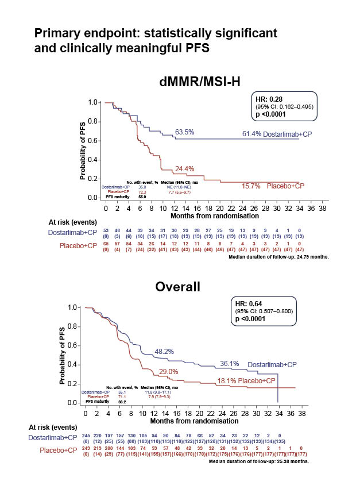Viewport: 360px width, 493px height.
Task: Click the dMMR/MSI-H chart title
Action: tap(199, 82)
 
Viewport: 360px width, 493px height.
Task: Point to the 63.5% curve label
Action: tap(185, 132)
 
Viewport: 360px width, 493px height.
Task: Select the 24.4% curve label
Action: tap(185, 169)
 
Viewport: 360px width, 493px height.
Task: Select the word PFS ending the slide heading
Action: tap(199, 48)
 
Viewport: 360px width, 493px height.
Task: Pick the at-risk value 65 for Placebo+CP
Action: tap(88, 243)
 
